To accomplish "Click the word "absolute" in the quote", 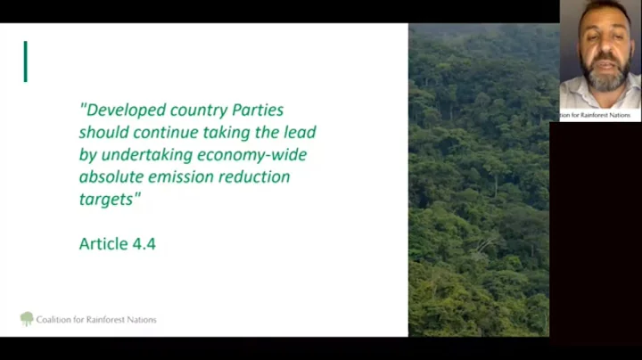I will pos(113,176).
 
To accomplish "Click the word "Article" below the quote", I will pos(103,243).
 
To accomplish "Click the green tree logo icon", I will pos(27,318).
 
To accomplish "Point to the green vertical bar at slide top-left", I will pos(25,61).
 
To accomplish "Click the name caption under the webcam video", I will pos(597,115).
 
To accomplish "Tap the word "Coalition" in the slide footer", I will pos(54,319).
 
